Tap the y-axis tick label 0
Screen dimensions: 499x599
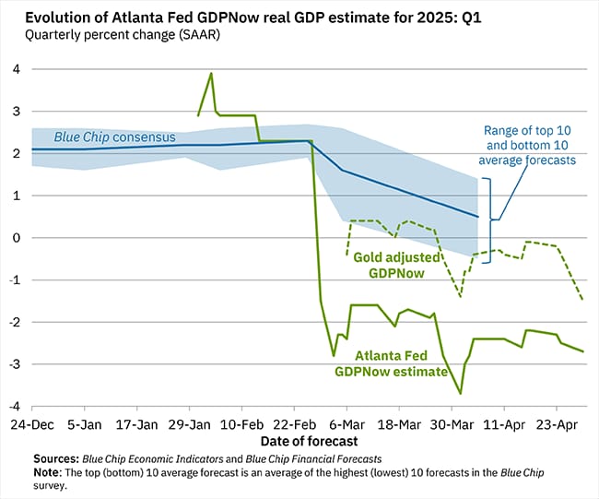(x=15, y=238)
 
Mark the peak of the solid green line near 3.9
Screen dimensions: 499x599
(x=212, y=74)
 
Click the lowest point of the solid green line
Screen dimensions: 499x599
(x=460, y=394)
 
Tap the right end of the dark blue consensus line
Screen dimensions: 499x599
(x=477, y=217)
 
